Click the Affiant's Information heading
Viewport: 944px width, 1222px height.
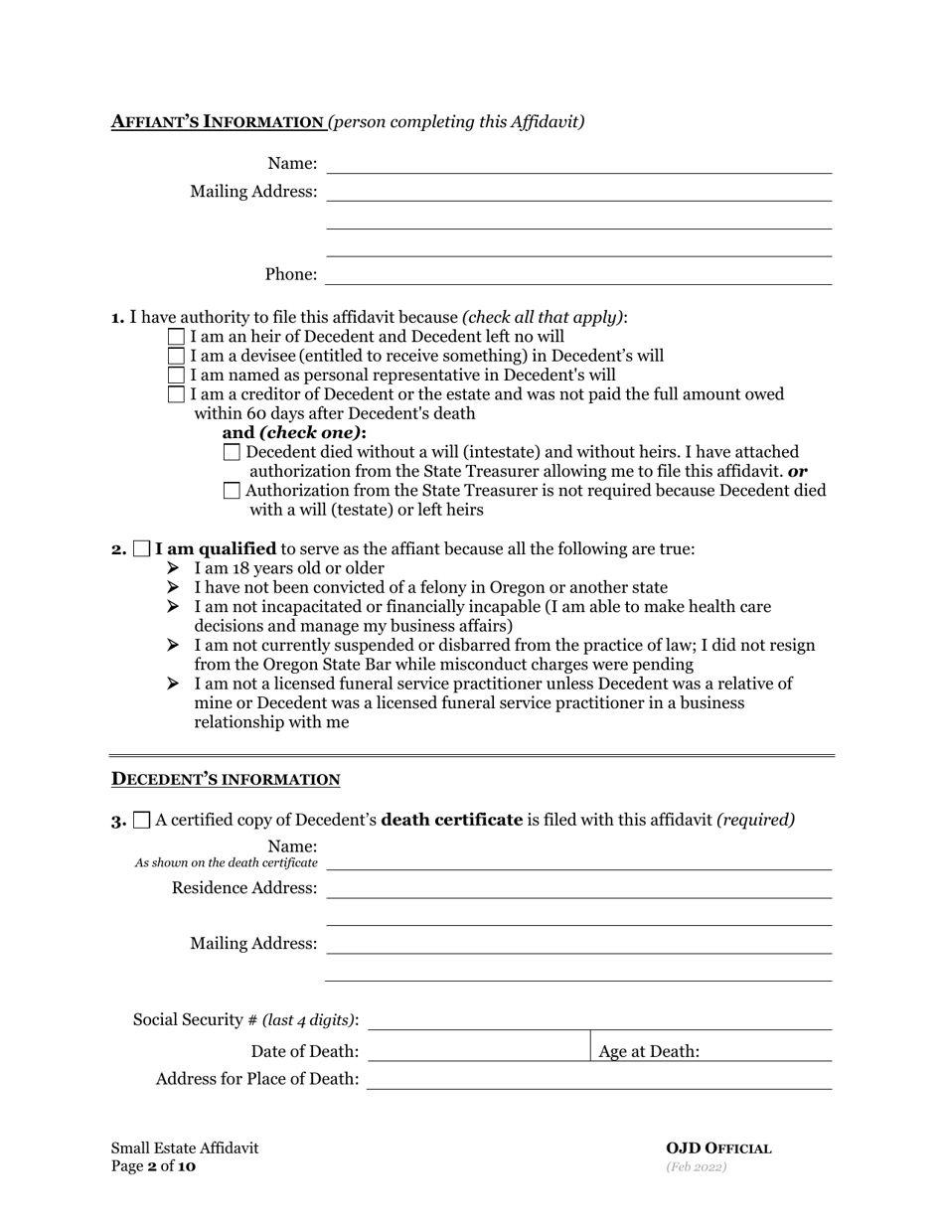coord(217,122)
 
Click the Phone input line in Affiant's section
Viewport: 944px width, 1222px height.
coord(578,275)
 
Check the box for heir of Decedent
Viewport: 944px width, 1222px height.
coord(177,337)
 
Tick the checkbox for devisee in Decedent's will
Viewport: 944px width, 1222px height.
coord(177,356)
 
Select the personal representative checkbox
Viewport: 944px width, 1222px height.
coord(177,376)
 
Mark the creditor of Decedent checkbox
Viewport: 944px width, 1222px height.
coord(177,394)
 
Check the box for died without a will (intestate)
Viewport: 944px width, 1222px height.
coord(232,452)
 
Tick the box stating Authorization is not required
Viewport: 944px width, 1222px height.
coord(232,491)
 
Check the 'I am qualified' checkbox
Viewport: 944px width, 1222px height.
coord(142,549)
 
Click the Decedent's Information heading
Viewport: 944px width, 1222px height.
coord(225,780)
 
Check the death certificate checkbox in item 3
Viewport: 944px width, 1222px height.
coord(142,821)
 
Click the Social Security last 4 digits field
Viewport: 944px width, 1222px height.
coord(599,1020)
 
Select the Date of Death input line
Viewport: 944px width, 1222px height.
coord(478,1052)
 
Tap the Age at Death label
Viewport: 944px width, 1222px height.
coord(649,1052)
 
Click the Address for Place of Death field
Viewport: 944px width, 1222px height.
coord(599,1080)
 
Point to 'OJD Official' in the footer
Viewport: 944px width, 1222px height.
coord(718,1148)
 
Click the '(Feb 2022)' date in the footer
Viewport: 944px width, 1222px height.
coord(696,1167)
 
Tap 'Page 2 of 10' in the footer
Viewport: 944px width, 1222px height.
coord(154,1166)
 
